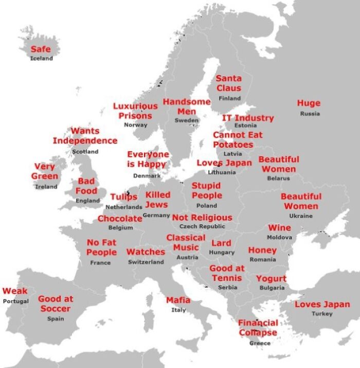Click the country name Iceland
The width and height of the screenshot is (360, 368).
tap(41, 59)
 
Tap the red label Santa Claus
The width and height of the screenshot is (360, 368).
tap(228, 83)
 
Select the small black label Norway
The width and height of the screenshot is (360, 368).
tap(136, 125)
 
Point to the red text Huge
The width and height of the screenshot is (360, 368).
tap(309, 103)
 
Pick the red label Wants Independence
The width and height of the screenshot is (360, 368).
tap(85, 136)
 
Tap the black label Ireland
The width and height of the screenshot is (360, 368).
tap(46, 187)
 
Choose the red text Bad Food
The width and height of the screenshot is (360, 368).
tap(86, 186)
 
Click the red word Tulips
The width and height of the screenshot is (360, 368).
tap(123, 197)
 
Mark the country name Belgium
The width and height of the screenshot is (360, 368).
tap(121, 227)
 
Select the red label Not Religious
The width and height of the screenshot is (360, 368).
tap(202, 218)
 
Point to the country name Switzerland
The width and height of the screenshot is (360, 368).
tap(146, 262)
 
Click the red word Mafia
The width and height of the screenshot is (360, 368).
tap(178, 300)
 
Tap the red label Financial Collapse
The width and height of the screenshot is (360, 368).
tap(258, 328)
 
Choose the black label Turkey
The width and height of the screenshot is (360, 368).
tap(322, 314)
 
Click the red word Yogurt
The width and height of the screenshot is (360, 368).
tap(271, 279)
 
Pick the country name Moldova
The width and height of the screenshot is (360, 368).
tap(279, 237)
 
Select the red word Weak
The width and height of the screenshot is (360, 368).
tap(15, 291)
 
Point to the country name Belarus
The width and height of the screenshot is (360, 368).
tap(278, 179)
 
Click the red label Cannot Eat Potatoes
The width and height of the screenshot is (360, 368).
tap(238, 139)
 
